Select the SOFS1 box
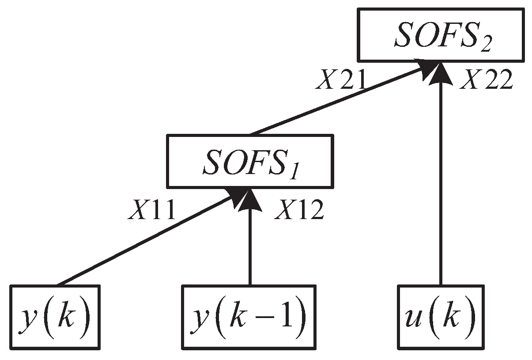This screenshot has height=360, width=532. click(249, 161)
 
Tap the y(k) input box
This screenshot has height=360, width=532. click(55, 317)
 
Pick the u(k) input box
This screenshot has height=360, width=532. click(440, 317)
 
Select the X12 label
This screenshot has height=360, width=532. click(299, 211)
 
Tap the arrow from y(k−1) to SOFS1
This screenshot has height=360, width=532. click(250, 239)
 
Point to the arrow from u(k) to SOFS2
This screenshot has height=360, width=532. click(440, 177)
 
